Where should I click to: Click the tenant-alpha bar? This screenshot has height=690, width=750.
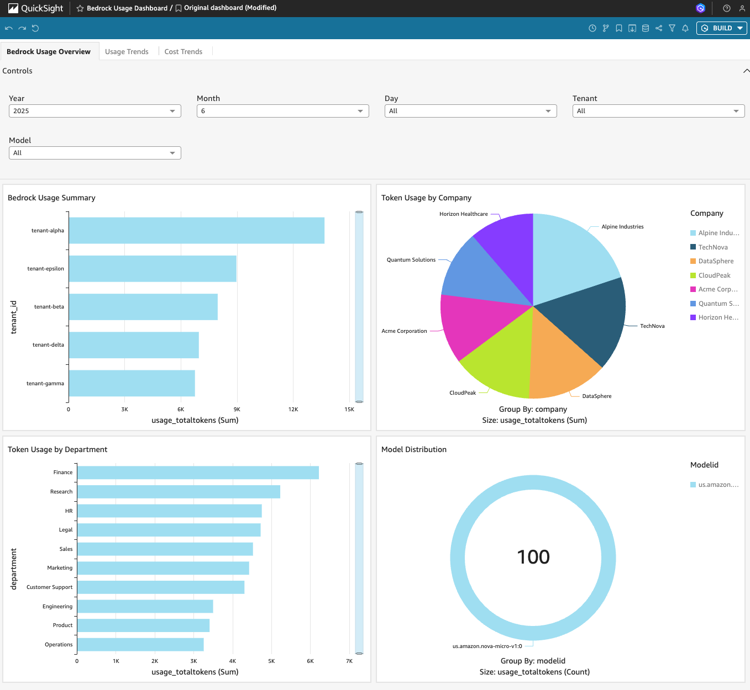[197, 231]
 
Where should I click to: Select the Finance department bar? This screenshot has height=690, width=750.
[198, 473]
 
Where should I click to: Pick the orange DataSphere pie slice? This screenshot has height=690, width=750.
[561, 362]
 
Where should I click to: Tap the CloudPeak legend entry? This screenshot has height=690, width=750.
[710, 275]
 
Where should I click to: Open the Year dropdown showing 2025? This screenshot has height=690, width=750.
[95, 111]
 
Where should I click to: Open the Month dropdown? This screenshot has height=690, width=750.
[282, 111]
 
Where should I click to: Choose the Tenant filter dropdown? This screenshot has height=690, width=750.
[658, 111]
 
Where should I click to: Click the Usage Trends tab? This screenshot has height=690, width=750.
[127, 51]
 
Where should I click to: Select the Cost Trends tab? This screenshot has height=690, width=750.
[183, 51]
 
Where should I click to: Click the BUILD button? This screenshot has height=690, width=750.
[721, 28]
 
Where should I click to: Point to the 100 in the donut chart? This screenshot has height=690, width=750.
[533, 556]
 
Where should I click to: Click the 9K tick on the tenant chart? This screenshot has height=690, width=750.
[237, 410]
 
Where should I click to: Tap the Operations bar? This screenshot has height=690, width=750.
[140, 644]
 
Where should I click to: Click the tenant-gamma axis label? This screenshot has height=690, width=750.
[45, 383]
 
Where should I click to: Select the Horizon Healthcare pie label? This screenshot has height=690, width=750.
[464, 214]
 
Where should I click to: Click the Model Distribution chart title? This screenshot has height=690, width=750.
[414, 449]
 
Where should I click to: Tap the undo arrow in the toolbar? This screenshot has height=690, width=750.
[9, 28]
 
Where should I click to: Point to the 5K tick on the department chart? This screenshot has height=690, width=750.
[271, 661]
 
